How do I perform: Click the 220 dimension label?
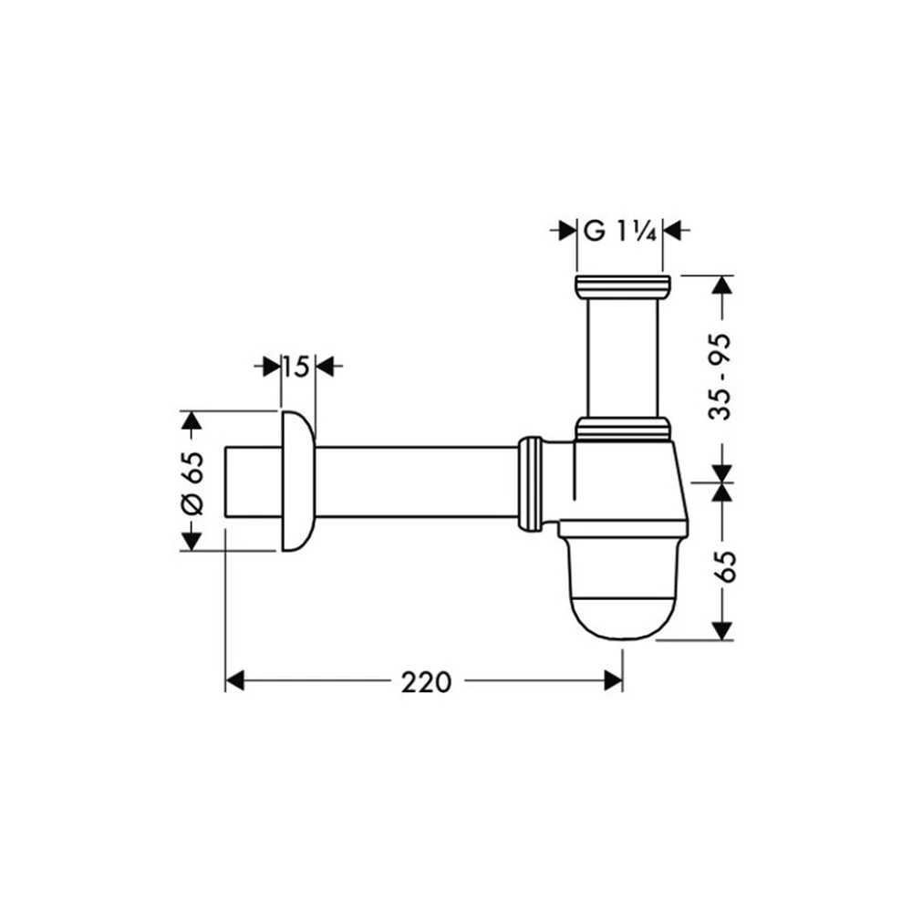[x=426, y=681]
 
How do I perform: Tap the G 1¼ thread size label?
[x=620, y=232]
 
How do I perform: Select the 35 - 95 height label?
[x=720, y=377]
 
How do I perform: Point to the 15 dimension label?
[x=296, y=367]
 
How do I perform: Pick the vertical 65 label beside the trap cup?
[x=725, y=565]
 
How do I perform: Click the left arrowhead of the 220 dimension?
[x=234, y=680]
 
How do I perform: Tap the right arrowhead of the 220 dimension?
[x=613, y=680]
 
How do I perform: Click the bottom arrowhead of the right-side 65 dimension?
[x=722, y=630]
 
